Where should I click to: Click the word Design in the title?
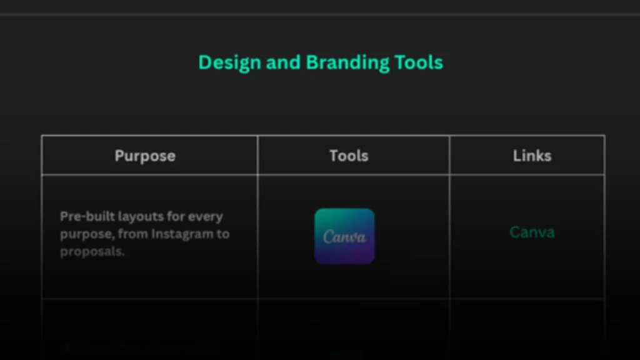coord(229,62)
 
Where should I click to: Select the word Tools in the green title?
coord(419,62)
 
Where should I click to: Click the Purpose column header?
coord(145,156)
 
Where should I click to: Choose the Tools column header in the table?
coord(349,156)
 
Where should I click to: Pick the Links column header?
coord(532,156)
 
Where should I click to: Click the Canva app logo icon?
coord(344,236)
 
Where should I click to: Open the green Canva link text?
coord(532,232)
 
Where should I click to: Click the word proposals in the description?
coord(92,252)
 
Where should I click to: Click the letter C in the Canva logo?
coord(328,237)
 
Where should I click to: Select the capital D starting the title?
coord(204,62)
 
